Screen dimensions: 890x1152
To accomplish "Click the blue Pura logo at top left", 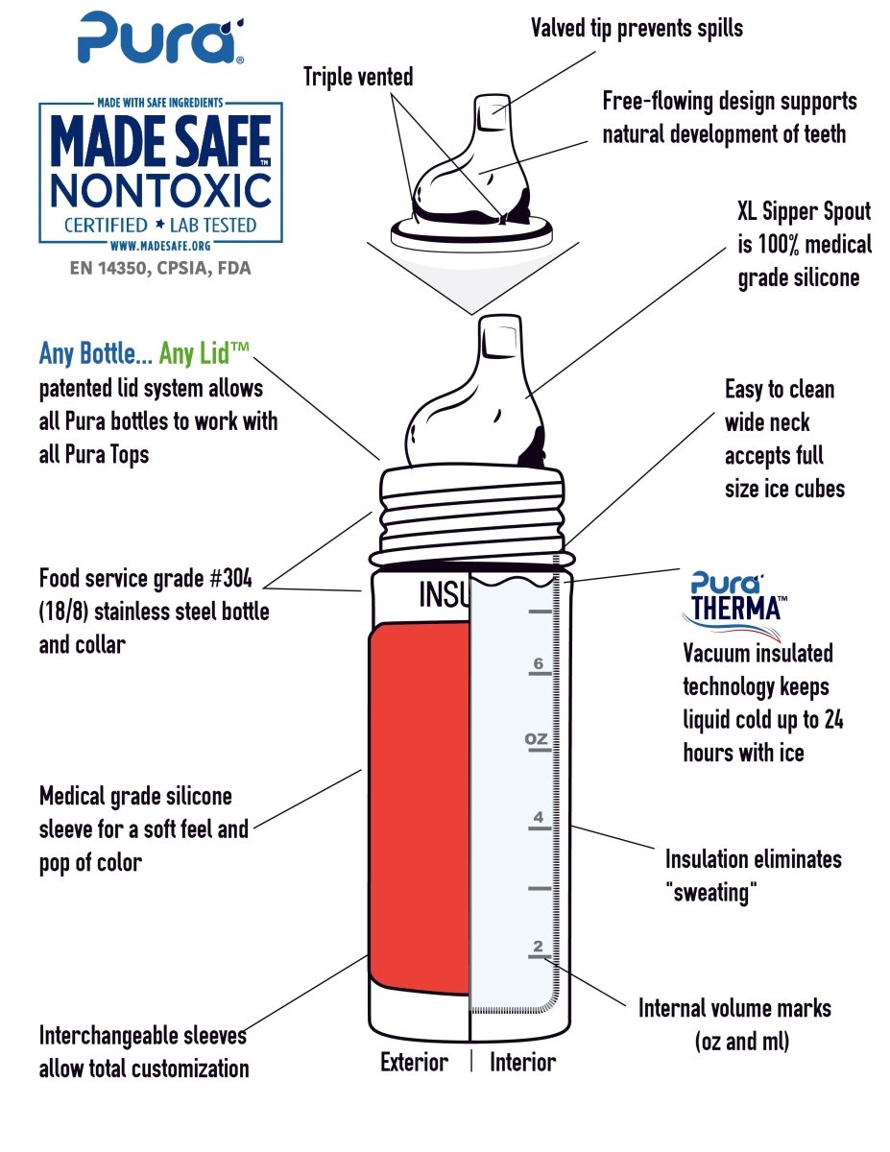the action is pyautogui.click(x=160, y=38).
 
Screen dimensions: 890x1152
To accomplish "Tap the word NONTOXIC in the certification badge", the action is pyautogui.click(x=161, y=191).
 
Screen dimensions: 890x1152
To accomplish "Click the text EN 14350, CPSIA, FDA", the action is pyautogui.click(x=160, y=268).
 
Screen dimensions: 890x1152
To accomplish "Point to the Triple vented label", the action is pyautogui.click(x=358, y=77).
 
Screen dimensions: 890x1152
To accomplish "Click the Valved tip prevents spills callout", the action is pyautogui.click(x=637, y=28).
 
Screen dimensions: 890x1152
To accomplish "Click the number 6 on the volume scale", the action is pyautogui.click(x=539, y=662).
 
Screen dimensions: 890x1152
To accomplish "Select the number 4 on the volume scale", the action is pyautogui.click(x=539, y=816).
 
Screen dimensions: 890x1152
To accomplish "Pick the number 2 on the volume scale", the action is pyautogui.click(x=538, y=946).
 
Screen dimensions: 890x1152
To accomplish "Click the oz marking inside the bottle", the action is pyautogui.click(x=536, y=738).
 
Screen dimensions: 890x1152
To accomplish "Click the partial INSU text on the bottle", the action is pyautogui.click(x=444, y=593).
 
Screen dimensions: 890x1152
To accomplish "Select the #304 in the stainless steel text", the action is pyautogui.click(x=230, y=578).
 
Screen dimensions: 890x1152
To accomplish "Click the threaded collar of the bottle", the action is pyautogui.click(x=471, y=515).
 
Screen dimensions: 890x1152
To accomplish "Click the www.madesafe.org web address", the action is pyautogui.click(x=160, y=246).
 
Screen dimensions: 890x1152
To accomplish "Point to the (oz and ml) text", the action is pyautogui.click(x=742, y=1042).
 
